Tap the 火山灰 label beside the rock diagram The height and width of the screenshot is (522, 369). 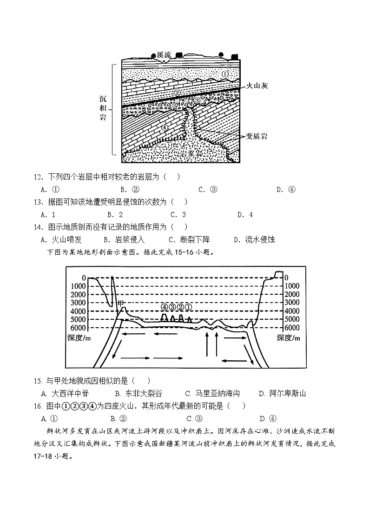[257, 86]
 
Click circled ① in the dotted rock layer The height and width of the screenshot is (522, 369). [224, 74]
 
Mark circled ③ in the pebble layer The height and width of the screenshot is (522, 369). [197, 100]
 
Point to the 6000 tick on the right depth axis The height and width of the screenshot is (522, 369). [292, 328]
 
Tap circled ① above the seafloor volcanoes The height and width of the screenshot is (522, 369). [188, 307]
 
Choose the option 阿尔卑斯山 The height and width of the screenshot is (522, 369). [287, 393]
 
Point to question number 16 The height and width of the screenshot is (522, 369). [37, 406]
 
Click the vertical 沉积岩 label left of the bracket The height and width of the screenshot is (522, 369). [103, 108]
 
